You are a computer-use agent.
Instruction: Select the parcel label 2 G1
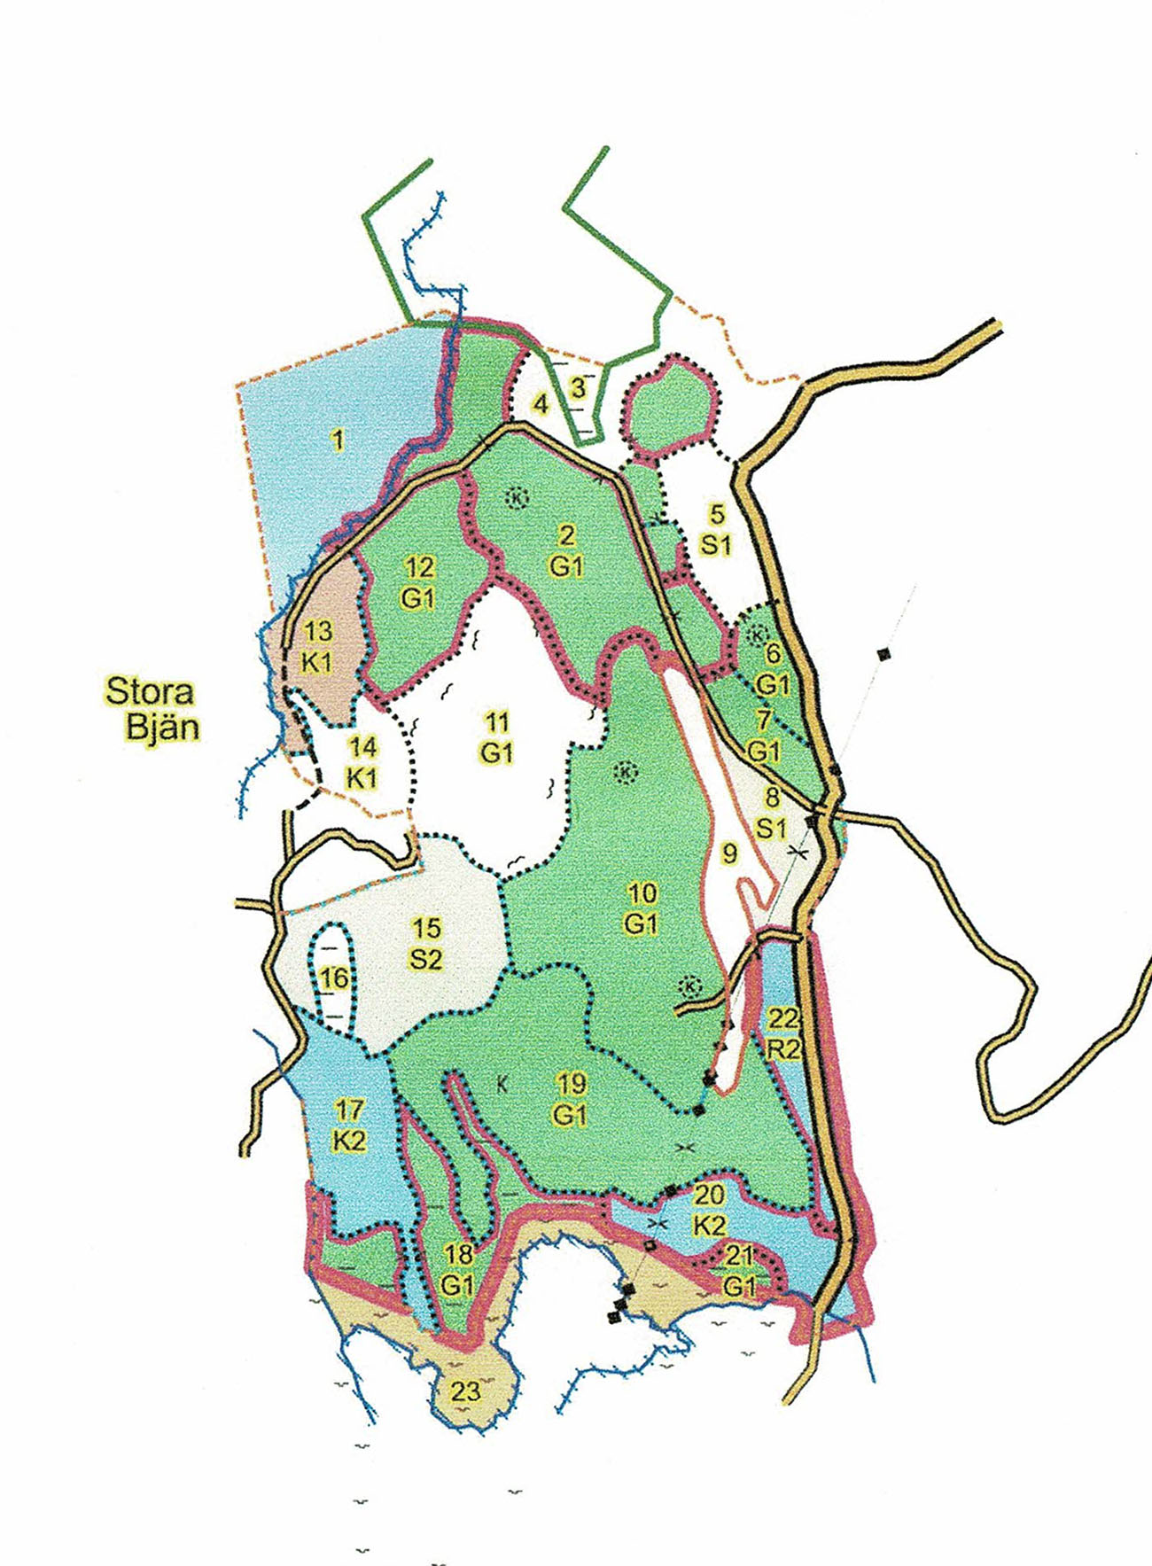click(x=566, y=549)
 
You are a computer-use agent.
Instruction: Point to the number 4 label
click(x=541, y=404)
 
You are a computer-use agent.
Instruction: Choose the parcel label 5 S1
click(x=716, y=528)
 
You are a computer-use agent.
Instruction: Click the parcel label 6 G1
click(x=773, y=668)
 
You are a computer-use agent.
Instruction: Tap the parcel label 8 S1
click(x=771, y=812)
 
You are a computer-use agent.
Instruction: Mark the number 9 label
click(x=729, y=853)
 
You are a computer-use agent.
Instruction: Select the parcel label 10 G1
click(x=641, y=908)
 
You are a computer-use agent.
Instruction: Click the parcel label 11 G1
click(x=497, y=737)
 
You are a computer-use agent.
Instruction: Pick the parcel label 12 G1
click(x=417, y=582)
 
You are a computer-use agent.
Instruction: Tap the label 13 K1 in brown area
click(x=317, y=646)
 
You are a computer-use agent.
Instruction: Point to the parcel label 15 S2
click(x=426, y=943)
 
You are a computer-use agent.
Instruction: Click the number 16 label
click(x=333, y=978)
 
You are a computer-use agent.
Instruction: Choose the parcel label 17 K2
click(x=349, y=1125)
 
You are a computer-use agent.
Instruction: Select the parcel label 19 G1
click(x=570, y=1098)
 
